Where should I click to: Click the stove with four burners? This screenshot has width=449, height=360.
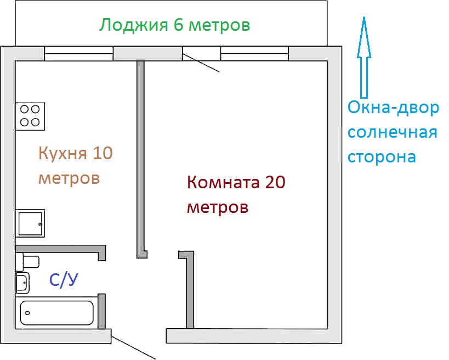(x=30, y=116)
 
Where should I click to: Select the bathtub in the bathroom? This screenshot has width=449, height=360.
(x=56, y=313)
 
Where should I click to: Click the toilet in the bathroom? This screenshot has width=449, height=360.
(x=27, y=261)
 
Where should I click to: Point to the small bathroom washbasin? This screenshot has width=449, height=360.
(x=22, y=283)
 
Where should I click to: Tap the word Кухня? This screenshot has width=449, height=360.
(x=62, y=153)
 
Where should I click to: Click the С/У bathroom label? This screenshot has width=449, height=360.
(x=64, y=280)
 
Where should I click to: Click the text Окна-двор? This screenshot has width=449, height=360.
(x=394, y=108)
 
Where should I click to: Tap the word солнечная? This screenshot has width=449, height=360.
(x=393, y=133)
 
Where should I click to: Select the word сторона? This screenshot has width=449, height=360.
(x=382, y=157)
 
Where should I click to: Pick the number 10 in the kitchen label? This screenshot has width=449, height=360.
(x=103, y=153)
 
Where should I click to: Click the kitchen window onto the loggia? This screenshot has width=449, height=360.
(x=78, y=53)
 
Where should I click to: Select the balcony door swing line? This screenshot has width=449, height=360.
(x=201, y=63)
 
